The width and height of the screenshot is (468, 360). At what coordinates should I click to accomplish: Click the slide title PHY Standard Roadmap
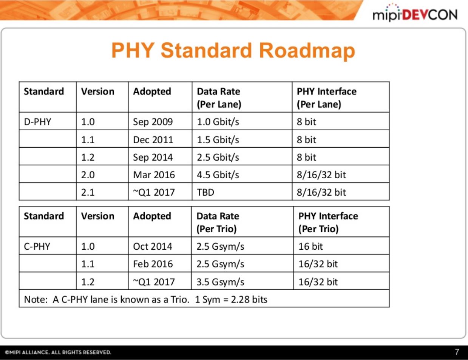click(233, 51)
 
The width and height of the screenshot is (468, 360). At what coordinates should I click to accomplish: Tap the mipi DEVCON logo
click(414, 14)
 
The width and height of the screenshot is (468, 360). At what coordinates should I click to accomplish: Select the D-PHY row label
click(37, 122)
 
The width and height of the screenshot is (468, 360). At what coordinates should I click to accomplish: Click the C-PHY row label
click(37, 247)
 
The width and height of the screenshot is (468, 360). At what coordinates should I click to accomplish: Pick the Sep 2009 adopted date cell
click(153, 122)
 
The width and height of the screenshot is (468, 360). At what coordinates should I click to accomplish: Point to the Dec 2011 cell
click(153, 140)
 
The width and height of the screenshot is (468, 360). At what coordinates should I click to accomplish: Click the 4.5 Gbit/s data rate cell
click(218, 175)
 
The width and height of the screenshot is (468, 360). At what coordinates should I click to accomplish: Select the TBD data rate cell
click(205, 192)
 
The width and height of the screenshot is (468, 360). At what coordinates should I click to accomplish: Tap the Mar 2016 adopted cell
click(154, 175)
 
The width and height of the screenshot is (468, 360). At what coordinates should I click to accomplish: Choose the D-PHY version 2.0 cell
click(88, 175)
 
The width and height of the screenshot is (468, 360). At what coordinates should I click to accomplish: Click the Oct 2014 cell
click(152, 247)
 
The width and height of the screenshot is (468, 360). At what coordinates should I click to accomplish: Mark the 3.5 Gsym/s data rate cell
click(220, 282)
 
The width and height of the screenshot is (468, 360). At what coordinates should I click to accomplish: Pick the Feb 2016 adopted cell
click(153, 264)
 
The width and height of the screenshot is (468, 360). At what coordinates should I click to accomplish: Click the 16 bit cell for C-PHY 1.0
click(310, 247)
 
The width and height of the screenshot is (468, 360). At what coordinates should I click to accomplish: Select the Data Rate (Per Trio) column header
click(218, 222)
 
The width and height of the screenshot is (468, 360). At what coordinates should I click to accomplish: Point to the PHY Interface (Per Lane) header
click(326, 97)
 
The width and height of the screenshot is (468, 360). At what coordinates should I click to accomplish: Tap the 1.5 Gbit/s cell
click(218, 140)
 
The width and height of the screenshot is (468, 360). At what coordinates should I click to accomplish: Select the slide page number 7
click(457, 352)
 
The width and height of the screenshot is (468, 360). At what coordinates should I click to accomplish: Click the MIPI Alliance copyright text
click(58, 352)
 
